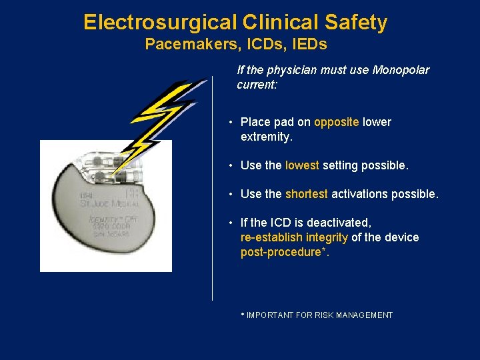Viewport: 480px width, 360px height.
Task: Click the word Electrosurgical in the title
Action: click(x=159, y=23)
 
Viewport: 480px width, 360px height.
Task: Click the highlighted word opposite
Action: click(x=337, y=122)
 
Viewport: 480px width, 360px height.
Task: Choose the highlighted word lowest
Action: click(x=302, y=165)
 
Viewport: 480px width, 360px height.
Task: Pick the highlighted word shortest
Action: click(x=307, y=194)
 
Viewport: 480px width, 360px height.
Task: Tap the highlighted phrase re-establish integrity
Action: click(x=294, y=237)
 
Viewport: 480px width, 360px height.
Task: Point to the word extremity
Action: click(x=267, y=137)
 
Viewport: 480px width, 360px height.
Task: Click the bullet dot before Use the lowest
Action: click(x=229, y=165)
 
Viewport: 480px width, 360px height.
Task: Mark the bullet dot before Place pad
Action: click(x=229, y=123)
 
